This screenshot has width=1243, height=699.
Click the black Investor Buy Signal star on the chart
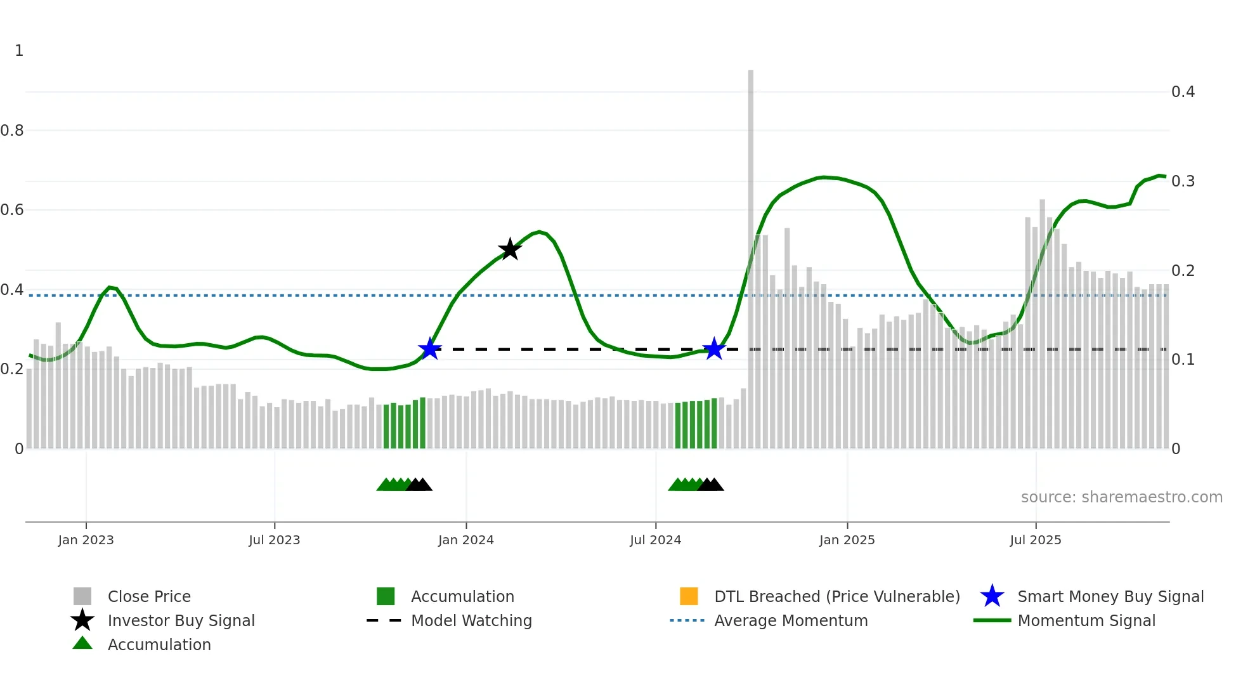[510, 249]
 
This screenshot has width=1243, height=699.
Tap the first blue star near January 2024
[430, 349]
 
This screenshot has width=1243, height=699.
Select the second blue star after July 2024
[714, 349]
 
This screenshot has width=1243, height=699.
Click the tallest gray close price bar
[751, 254]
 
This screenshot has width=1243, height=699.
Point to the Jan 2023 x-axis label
[86, 540]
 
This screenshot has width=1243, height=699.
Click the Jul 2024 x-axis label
[655, 540]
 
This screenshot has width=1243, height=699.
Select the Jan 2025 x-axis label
[847, 540]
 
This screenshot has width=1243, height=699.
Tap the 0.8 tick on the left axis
[12, 131]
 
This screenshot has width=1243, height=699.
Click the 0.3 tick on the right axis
[1183, 181]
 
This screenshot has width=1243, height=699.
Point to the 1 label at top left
[19, 51]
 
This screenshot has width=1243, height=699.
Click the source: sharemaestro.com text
[1121, 497]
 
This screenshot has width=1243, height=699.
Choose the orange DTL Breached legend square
[689, 596]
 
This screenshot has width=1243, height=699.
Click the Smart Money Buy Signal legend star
[992, 596]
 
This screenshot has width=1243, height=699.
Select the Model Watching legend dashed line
[384, 620]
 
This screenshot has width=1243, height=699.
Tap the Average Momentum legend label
[791, 620]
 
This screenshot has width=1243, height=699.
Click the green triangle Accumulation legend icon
[82, 644]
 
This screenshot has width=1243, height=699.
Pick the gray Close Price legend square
[82, 596]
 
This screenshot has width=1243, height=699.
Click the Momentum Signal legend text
[1086, 620]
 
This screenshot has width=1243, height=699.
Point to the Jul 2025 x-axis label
[1035, 540]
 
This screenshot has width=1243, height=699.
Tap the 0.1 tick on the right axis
[1183, 360]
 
